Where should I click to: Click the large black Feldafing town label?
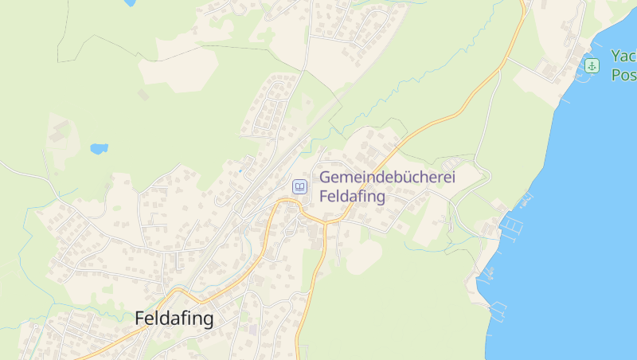pos(174,319)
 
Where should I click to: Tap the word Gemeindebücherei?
pos(387,178)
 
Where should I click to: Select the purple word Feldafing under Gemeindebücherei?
pos(352,196)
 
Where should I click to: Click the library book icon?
pos(300,187)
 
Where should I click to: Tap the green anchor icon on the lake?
pos(592,65)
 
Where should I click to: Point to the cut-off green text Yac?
pos(623,57)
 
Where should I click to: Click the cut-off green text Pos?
pos(623,75)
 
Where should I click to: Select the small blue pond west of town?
pos(99,149)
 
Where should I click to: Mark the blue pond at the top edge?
pos(129,3)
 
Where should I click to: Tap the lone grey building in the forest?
pos(143,95)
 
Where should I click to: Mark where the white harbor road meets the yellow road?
pos(507,57)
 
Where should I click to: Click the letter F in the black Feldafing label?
pos(141,319)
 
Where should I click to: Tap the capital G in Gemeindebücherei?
pos(326,178)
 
